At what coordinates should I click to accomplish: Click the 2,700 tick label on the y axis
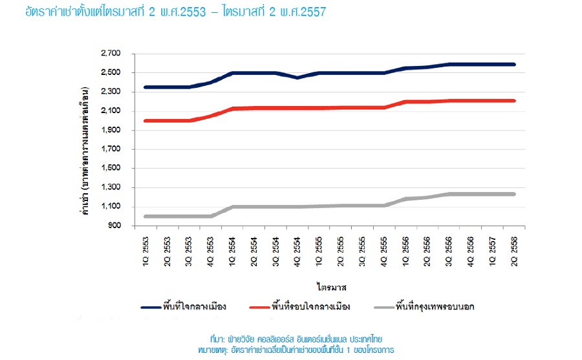pyautogui.click(x=111, y=53)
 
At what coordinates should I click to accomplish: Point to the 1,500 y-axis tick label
pyautogui.click(x=111, y=169)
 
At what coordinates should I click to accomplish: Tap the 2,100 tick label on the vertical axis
pyautogui.click(x=111, y=111)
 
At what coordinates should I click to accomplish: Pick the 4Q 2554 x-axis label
pyautogui.click(x=297, y=245)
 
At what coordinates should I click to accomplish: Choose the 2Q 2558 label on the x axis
pyautogui.click(x=514, y=245)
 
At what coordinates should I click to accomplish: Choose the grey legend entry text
pyautogui.click(x=437, y=306)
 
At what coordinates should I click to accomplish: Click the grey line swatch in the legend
pyautogui.click(x=380, y=307)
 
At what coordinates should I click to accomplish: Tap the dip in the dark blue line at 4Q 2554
pyautogui.click(x=297, y=78)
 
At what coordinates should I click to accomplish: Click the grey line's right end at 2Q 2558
pyautogui.click(x=514, y=194)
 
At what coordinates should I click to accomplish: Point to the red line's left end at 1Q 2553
pyautogui.click(x=145, y=120)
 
